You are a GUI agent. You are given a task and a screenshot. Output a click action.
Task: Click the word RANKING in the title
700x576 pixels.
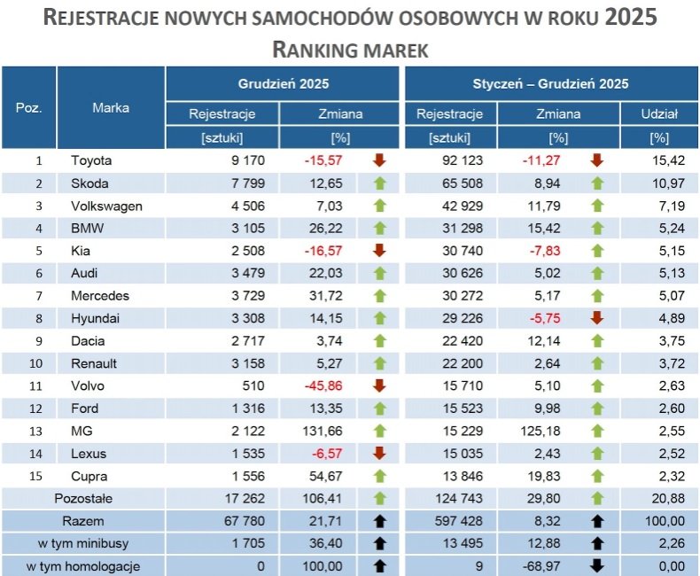(312, 50)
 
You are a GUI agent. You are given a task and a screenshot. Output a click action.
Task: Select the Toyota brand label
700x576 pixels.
(91, 160)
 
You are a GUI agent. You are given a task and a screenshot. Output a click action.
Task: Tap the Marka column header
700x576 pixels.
(111, 108)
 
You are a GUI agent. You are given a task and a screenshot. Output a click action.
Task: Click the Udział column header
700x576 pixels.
(658, 113)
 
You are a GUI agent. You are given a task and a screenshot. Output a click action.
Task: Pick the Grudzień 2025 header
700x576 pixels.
(284, 84)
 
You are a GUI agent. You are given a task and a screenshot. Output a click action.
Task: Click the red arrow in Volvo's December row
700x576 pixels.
(380, 385)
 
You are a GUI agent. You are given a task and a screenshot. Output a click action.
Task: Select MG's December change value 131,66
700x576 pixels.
(323, 431)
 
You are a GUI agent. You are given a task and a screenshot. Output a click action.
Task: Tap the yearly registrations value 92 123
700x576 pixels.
(460, 160)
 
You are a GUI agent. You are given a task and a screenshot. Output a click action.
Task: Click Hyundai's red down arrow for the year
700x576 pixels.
(596, 318)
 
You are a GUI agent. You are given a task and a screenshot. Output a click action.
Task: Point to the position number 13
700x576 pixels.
(38, 431)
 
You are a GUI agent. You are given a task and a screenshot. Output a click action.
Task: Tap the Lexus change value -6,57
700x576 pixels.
(325, 454)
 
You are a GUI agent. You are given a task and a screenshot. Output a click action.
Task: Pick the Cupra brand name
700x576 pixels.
(89, 476)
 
